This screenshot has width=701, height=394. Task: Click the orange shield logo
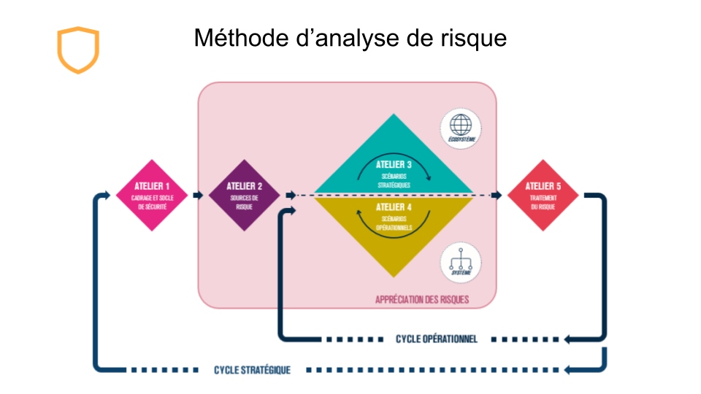tap(77, 50)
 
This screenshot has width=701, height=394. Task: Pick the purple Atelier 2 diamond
tap(243, 196)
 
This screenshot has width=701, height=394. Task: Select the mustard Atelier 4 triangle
tap(394, 230)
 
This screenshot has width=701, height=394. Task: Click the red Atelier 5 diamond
tap(543, 196)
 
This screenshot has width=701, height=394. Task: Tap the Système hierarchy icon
tap(461, 263)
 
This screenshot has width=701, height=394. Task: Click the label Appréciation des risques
tap(422, 300)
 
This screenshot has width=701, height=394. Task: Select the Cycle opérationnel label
tap(437, 339)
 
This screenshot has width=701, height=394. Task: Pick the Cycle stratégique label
tap(252, 370)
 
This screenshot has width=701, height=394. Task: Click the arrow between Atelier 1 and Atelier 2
tap(198, 196)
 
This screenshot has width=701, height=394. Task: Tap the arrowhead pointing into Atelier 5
tap(498, 196)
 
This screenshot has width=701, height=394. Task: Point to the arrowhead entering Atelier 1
tap(110, 196)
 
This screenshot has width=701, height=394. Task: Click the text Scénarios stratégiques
tap(394, 182)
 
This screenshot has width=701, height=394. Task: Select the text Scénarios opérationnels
tap(394, 223)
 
